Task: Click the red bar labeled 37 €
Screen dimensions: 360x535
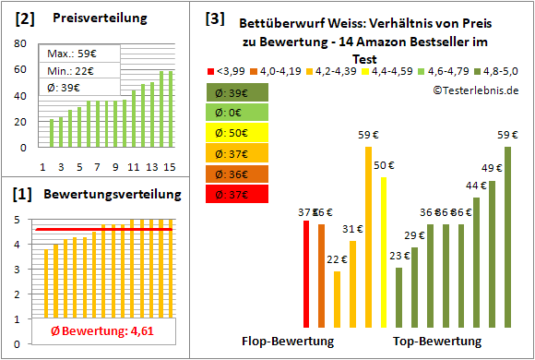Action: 306,273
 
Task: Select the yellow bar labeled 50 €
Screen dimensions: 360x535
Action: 383,252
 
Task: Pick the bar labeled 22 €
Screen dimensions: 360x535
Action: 337,298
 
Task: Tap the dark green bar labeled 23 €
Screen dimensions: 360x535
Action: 398,296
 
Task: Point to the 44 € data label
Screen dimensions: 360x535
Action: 475,186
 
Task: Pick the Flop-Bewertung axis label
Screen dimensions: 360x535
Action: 287,342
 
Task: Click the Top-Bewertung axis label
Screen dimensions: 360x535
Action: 437,342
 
